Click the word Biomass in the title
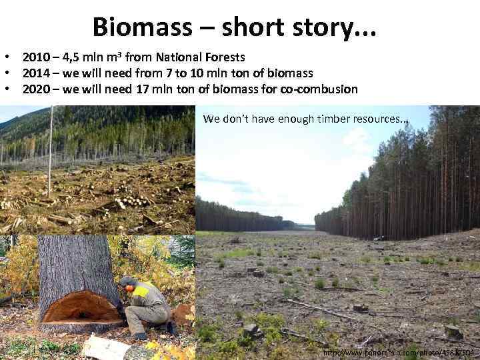pos(137,27)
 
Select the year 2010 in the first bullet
pos(35,57)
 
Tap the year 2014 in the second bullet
pos(35,73)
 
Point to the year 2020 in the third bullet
pos(35,89)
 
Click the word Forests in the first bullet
pos(223,57)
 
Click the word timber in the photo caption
pos(327,119)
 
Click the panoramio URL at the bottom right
pos(398,352)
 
